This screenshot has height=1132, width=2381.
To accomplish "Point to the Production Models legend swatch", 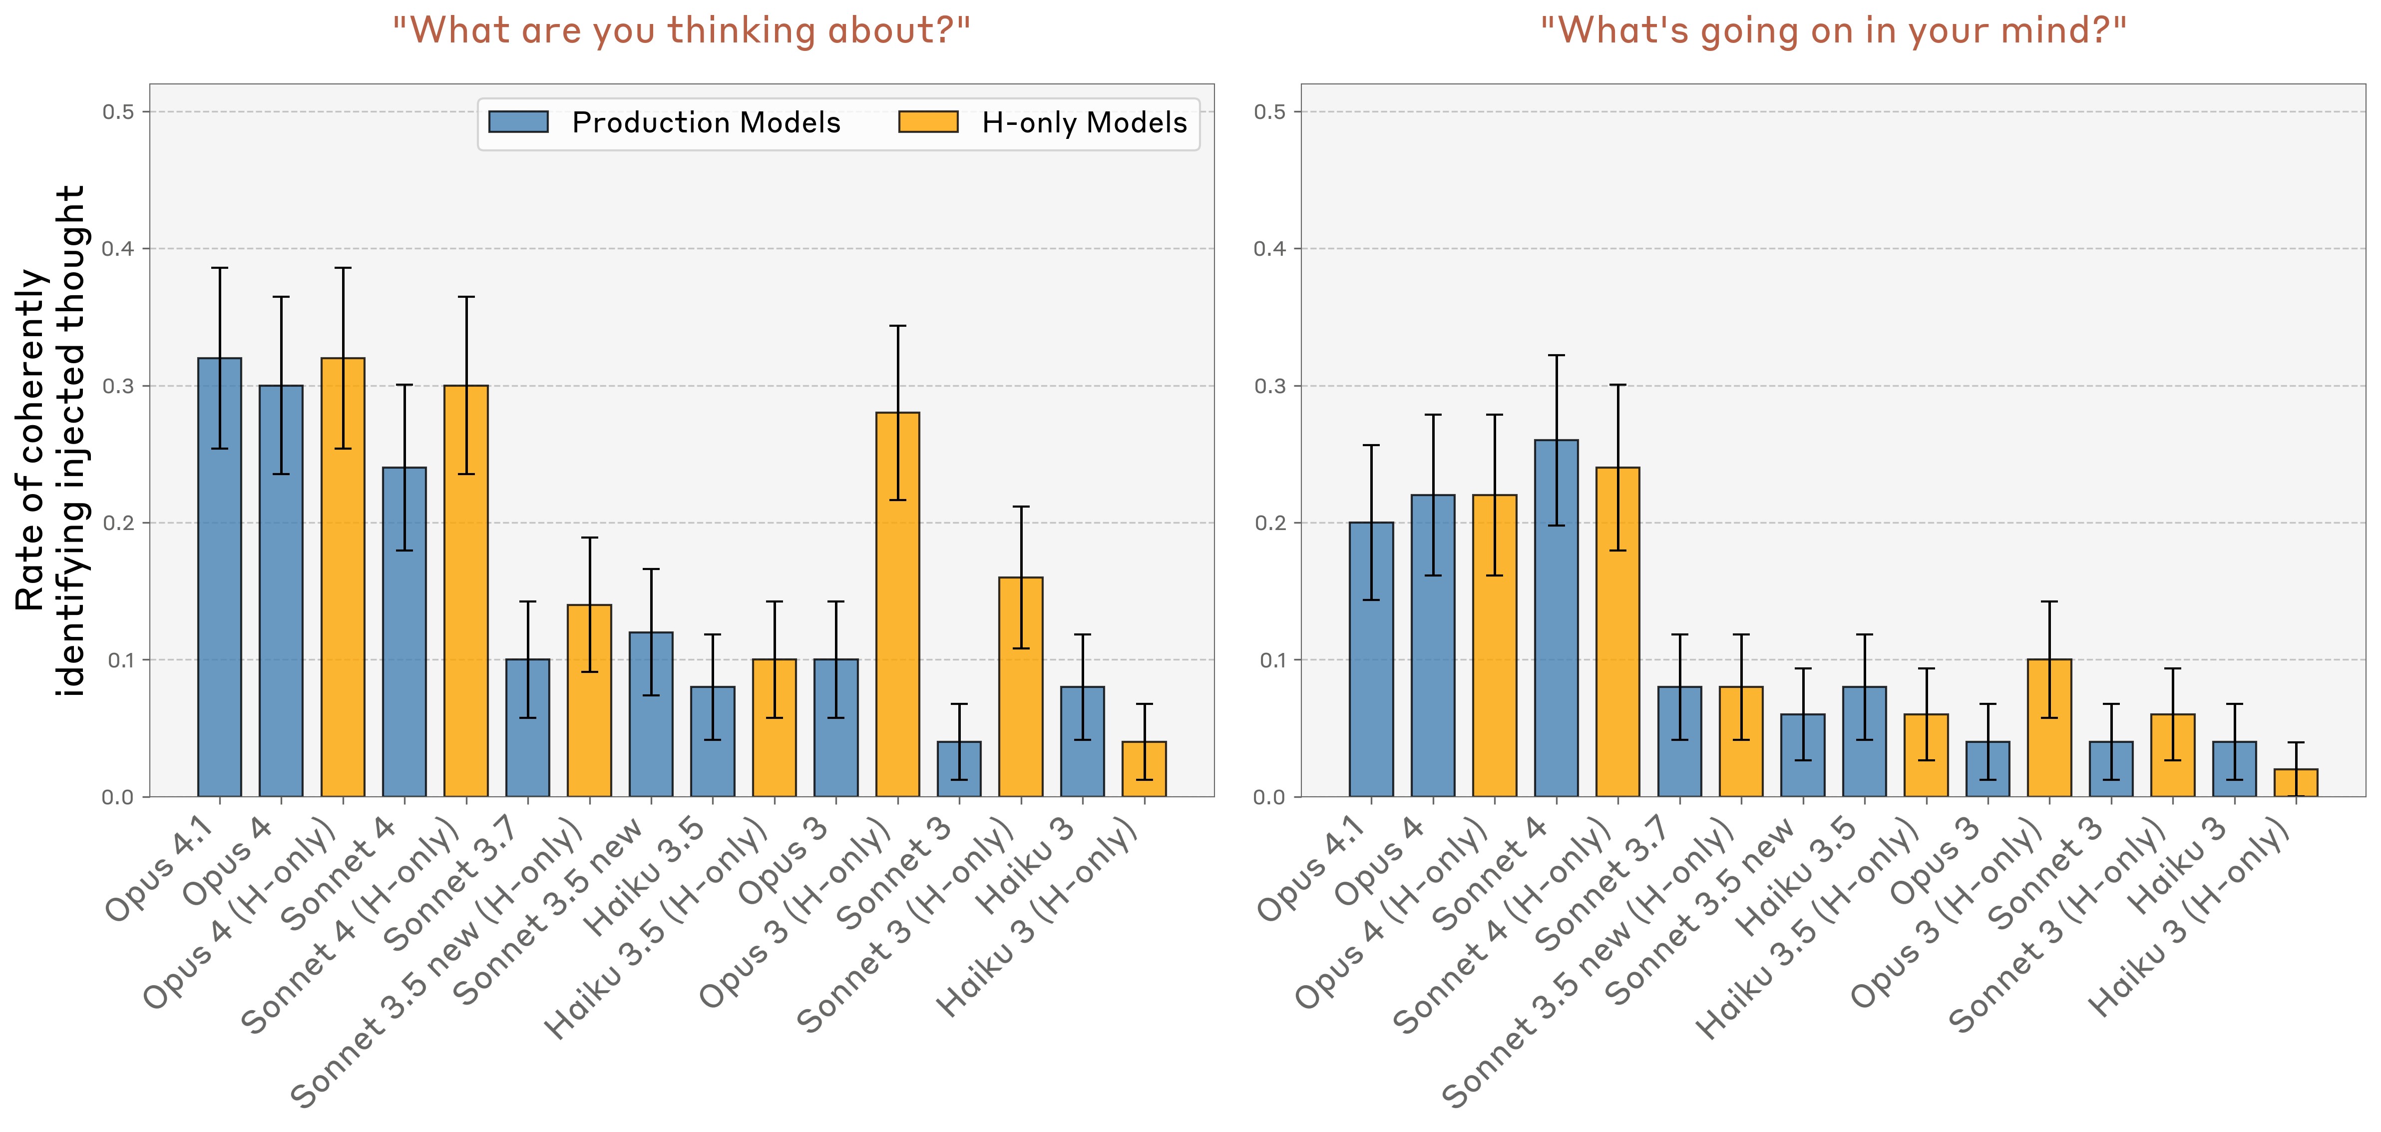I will pos(518,122).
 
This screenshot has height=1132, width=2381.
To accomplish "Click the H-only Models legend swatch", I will pos(928,122).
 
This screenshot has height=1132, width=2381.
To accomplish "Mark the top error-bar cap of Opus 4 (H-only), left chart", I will pos(343,268).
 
